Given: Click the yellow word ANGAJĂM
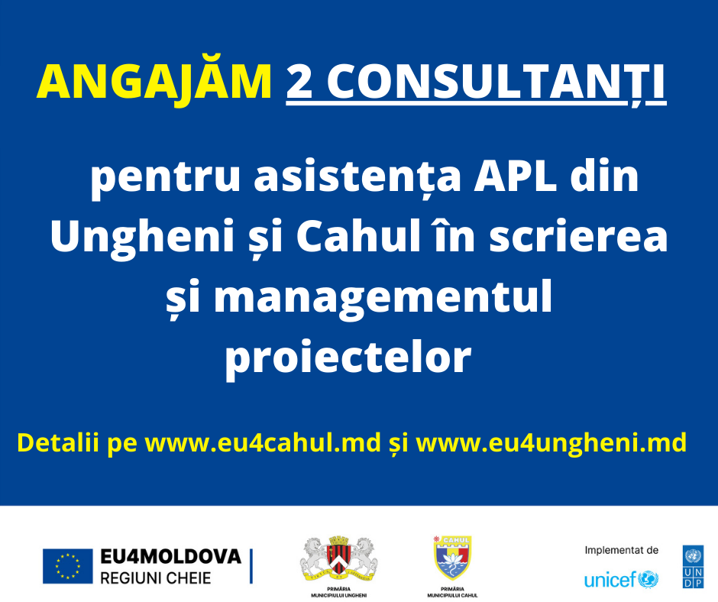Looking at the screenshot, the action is [x=154, y=82].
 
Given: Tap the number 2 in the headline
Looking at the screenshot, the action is [x=300, y=83].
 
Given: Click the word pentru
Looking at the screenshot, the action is [x=165, y=179].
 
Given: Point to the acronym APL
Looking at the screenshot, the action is [x=515, y=176].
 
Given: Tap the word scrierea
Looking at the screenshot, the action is [x=578, y=236].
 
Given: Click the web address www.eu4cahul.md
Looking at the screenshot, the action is [x=263, y=443].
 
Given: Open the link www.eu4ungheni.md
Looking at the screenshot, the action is [x=551, y=444].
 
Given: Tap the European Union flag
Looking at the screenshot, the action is [x=68, y=566].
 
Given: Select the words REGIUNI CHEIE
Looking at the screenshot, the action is [x=156, y=578].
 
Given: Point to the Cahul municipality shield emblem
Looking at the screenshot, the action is [x=452, y=558].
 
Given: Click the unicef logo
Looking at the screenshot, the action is [x=622, y=579].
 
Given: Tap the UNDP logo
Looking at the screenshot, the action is [x=694, y=567].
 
